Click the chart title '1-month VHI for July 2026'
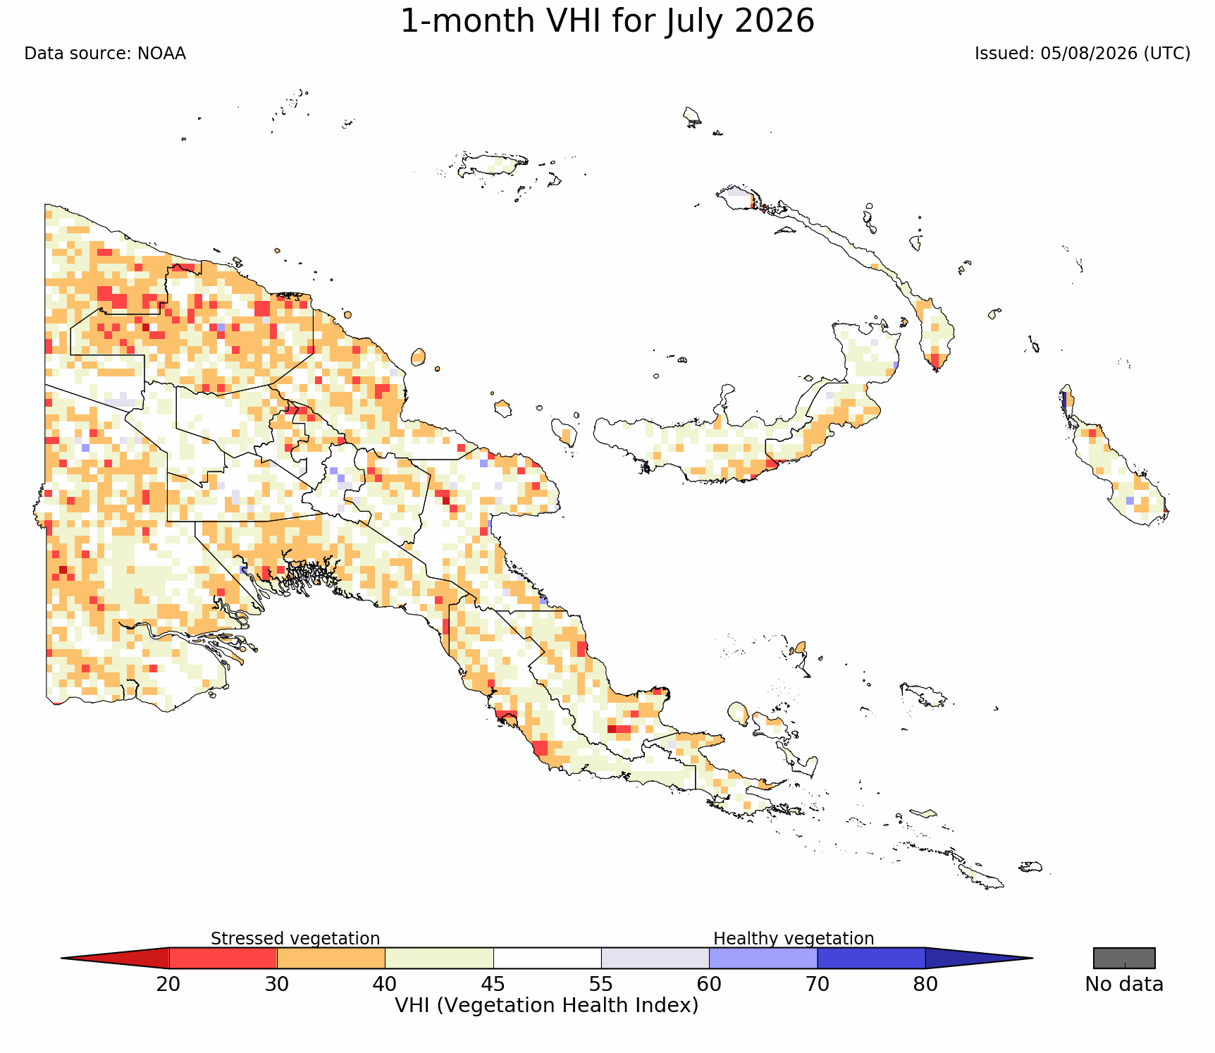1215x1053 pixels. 607,21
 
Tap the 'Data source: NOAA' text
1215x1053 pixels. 105,54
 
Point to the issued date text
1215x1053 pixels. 1083,54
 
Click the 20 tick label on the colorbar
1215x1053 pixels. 168,984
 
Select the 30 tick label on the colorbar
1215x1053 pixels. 277,984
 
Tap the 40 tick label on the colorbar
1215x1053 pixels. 385,984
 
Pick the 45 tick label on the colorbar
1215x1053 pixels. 493,984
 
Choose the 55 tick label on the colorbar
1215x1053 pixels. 601,984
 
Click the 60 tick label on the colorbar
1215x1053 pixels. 709,984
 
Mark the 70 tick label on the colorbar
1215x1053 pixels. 818,984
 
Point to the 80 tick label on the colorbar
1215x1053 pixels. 925,984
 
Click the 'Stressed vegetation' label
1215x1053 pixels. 295,938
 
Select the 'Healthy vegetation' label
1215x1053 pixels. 794,938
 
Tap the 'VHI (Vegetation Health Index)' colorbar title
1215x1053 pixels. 547,1005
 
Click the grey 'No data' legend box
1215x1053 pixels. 1124,959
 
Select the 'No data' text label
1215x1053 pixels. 1124,984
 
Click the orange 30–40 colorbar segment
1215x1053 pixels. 331,959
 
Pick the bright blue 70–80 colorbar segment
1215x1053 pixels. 872,959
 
